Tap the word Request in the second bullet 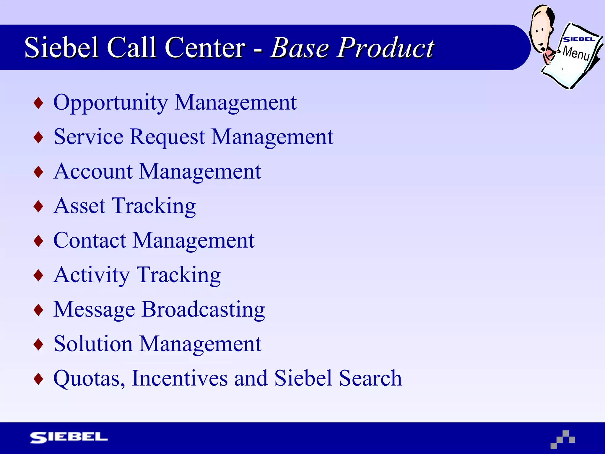tap(167, 137)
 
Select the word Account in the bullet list tap(93, 171)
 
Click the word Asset tap(79, 206)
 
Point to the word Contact tap(90, 240)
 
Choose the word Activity tap(92, 275)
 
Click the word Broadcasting tap(203, 309)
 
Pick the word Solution tap(93, 344)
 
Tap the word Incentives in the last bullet tap(180, 378)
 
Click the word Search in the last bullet tap(370, 378)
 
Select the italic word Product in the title tap(386, 48)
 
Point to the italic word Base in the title tap(300, 48)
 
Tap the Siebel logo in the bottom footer tap(69, 437)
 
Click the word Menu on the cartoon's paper tap(576, 53)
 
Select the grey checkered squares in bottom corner tap(563, 440)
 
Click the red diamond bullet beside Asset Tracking tap(38, 206)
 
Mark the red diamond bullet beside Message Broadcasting tap(38, 310)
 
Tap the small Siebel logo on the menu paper tap(578, 39)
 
